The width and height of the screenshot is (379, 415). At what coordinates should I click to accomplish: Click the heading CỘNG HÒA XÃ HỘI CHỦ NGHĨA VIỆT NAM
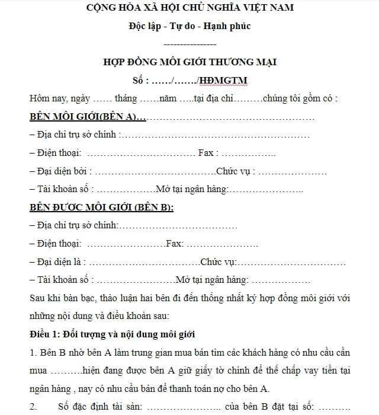(189, 8)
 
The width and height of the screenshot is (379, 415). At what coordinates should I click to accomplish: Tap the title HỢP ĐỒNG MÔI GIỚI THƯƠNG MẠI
(189, 62)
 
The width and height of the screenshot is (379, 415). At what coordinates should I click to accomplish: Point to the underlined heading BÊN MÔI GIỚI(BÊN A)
(83, 116)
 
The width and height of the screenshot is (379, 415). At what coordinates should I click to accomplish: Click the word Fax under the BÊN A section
(205, 153)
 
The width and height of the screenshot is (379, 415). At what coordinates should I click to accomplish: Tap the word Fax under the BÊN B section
(175, 244)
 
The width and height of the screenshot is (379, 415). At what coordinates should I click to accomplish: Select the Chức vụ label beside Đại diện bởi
(235, 171)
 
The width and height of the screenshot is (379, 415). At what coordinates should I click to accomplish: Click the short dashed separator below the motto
(189, 44)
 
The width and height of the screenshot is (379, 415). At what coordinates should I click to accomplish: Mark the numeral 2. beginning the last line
(33, 407)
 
